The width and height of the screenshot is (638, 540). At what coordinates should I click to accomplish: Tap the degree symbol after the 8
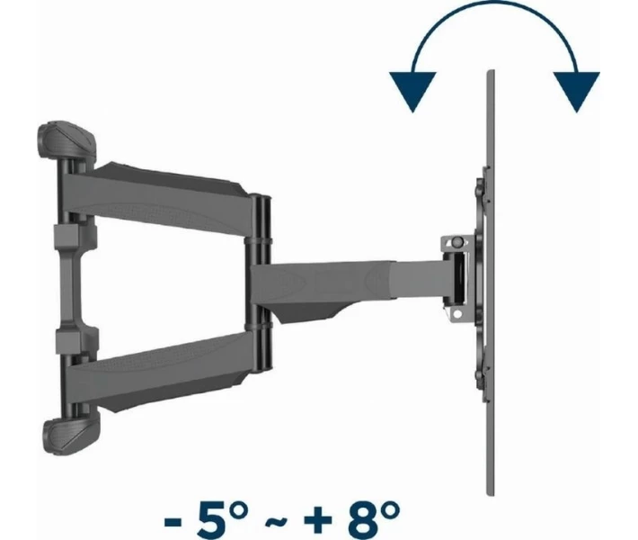[390, 509]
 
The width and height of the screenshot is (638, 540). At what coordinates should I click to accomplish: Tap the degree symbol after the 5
[238, 509]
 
